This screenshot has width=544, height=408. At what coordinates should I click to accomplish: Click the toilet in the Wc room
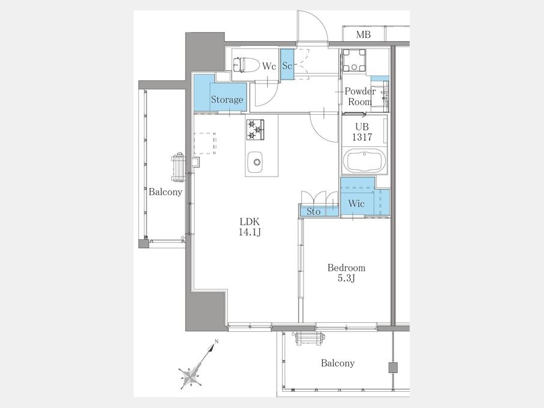(x=246, y=65)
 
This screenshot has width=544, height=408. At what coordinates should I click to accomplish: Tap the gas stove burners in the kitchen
(x=255, y=130)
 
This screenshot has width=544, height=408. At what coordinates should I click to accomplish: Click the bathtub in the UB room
(x=364, y=161)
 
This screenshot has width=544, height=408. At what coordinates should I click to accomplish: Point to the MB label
(x=363, y=34)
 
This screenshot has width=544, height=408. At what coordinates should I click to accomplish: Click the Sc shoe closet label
(x=287, y=65)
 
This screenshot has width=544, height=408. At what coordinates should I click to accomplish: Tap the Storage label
(x=227, y=100)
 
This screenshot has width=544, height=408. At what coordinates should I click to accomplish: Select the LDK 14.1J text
(x=250, y=227)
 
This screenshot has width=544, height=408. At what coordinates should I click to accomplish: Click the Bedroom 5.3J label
(x=346, y=273)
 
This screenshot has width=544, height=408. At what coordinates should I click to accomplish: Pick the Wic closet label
(x=356, y=203)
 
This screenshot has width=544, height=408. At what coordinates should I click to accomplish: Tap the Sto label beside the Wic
(x=313, y=212)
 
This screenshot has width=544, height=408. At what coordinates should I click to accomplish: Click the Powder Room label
(x=360, y=97)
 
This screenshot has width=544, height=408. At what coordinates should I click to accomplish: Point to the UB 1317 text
(x=362, y=132)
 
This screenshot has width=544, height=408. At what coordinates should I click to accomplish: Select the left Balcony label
(x=165, y=192)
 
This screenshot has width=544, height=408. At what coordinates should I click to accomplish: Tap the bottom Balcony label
(x=337, y=363)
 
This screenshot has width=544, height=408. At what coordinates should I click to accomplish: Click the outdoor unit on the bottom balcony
(x=309, y=338)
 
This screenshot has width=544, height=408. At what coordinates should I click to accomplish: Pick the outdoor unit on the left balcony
(x=178, y=167)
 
